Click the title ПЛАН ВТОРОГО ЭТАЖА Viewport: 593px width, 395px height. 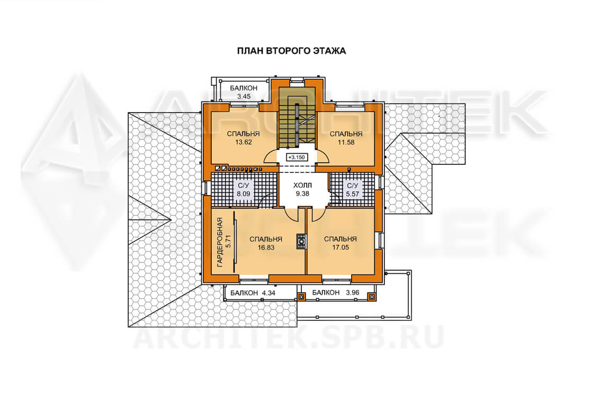pyautogui.click(x=291, y=51)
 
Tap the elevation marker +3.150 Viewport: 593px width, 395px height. pyautogui.click(x=296, y=157)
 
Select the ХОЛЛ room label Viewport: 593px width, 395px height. pyautogui.click(x=302, y=186)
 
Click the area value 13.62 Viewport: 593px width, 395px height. pyautogui.click(x=243, y=142)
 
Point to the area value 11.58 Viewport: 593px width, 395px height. pyautogui.click(x=346, y=142)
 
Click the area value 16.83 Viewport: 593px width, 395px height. pyautogui.click(x=266, y=247)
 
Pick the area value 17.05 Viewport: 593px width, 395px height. pyautogui.click(x=340, y=247)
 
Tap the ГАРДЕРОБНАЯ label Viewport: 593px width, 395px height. pyautogui.click(x=220, y=242)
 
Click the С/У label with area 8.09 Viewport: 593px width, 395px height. pyautogui.click(x=243, y=186)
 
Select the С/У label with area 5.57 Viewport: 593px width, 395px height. pyautogui.click(x=353, y=186)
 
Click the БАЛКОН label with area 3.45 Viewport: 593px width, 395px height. pyautogui.click(x=244, y=88)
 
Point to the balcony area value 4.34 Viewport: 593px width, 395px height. pyautogui.click(x=268, y=292)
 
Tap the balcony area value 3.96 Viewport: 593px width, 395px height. pyautogui.click(x=352, y=292)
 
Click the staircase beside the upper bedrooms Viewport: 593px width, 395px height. pyautogui.click(x=297, y=121)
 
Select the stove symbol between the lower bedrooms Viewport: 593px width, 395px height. pyautogui.click(x=301, y=241)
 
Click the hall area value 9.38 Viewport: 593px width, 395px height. pyautogui.click(x=302, y=194)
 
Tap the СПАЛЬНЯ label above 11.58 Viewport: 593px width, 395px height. pyautogui.click(x=346, y=134)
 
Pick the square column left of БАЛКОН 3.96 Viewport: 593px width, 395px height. pyautogui.click(x=301, y=297)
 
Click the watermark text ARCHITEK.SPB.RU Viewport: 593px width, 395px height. pyautogui.click(x=288, y=337)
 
